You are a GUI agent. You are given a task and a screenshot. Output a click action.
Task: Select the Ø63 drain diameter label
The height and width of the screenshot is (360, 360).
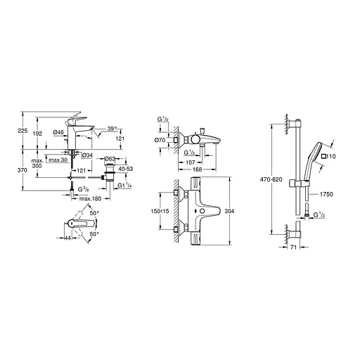point(109,160)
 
